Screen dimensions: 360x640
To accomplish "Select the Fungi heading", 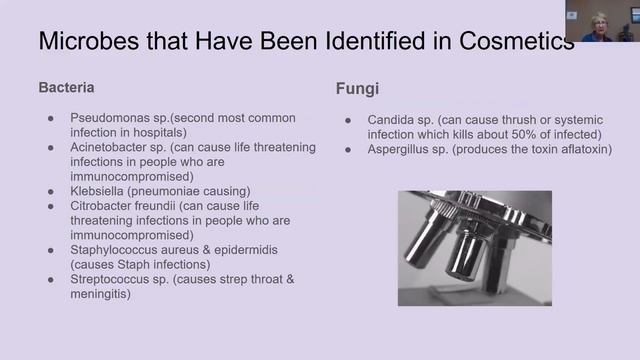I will pyautogui.click(x=355, y=89).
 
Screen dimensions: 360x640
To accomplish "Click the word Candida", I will pyautogui.click(x=392, y=120).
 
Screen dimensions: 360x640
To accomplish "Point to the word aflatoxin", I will pyautogui.click(x=584, y=149).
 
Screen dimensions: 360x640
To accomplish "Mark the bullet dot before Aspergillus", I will pyautogui.click(x=348, y=149).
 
